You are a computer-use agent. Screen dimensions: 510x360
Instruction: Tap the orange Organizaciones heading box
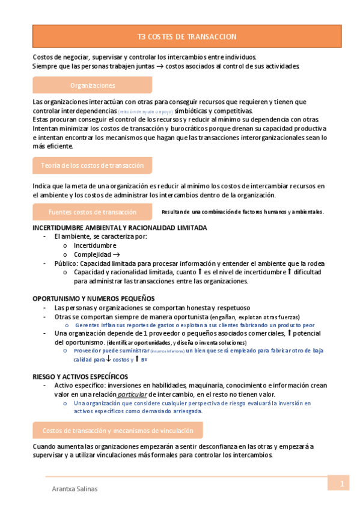92,85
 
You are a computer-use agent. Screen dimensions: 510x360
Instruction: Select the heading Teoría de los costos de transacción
92,165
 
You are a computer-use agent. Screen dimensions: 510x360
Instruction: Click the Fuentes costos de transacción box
92,212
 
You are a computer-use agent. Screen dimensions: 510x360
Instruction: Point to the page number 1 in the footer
341,484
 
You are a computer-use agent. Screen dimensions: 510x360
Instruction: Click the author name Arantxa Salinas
75,489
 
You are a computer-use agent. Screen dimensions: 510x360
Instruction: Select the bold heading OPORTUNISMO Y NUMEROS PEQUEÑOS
93,298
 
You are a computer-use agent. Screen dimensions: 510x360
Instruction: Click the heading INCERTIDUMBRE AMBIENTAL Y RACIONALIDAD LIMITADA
120,228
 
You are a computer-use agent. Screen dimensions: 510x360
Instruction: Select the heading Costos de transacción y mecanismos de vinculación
118,431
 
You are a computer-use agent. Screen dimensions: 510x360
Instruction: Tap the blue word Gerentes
88,325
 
